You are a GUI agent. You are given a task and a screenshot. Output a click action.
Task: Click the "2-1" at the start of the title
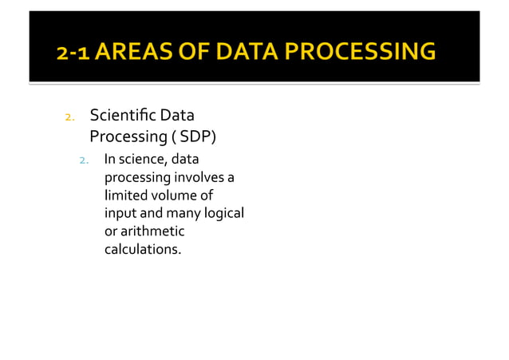tap(73, 53)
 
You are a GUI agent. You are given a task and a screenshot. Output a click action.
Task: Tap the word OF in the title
tap(191, 53)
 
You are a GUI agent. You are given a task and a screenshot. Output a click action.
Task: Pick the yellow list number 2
tap(69, 119)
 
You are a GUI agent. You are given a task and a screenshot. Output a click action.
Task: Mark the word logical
tap(223, 214)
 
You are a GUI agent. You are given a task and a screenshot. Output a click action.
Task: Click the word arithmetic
tap(152, 231)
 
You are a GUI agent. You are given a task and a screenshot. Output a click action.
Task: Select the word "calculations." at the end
tap(143, 249)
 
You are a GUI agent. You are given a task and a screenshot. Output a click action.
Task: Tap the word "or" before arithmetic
tap(111, 231)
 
